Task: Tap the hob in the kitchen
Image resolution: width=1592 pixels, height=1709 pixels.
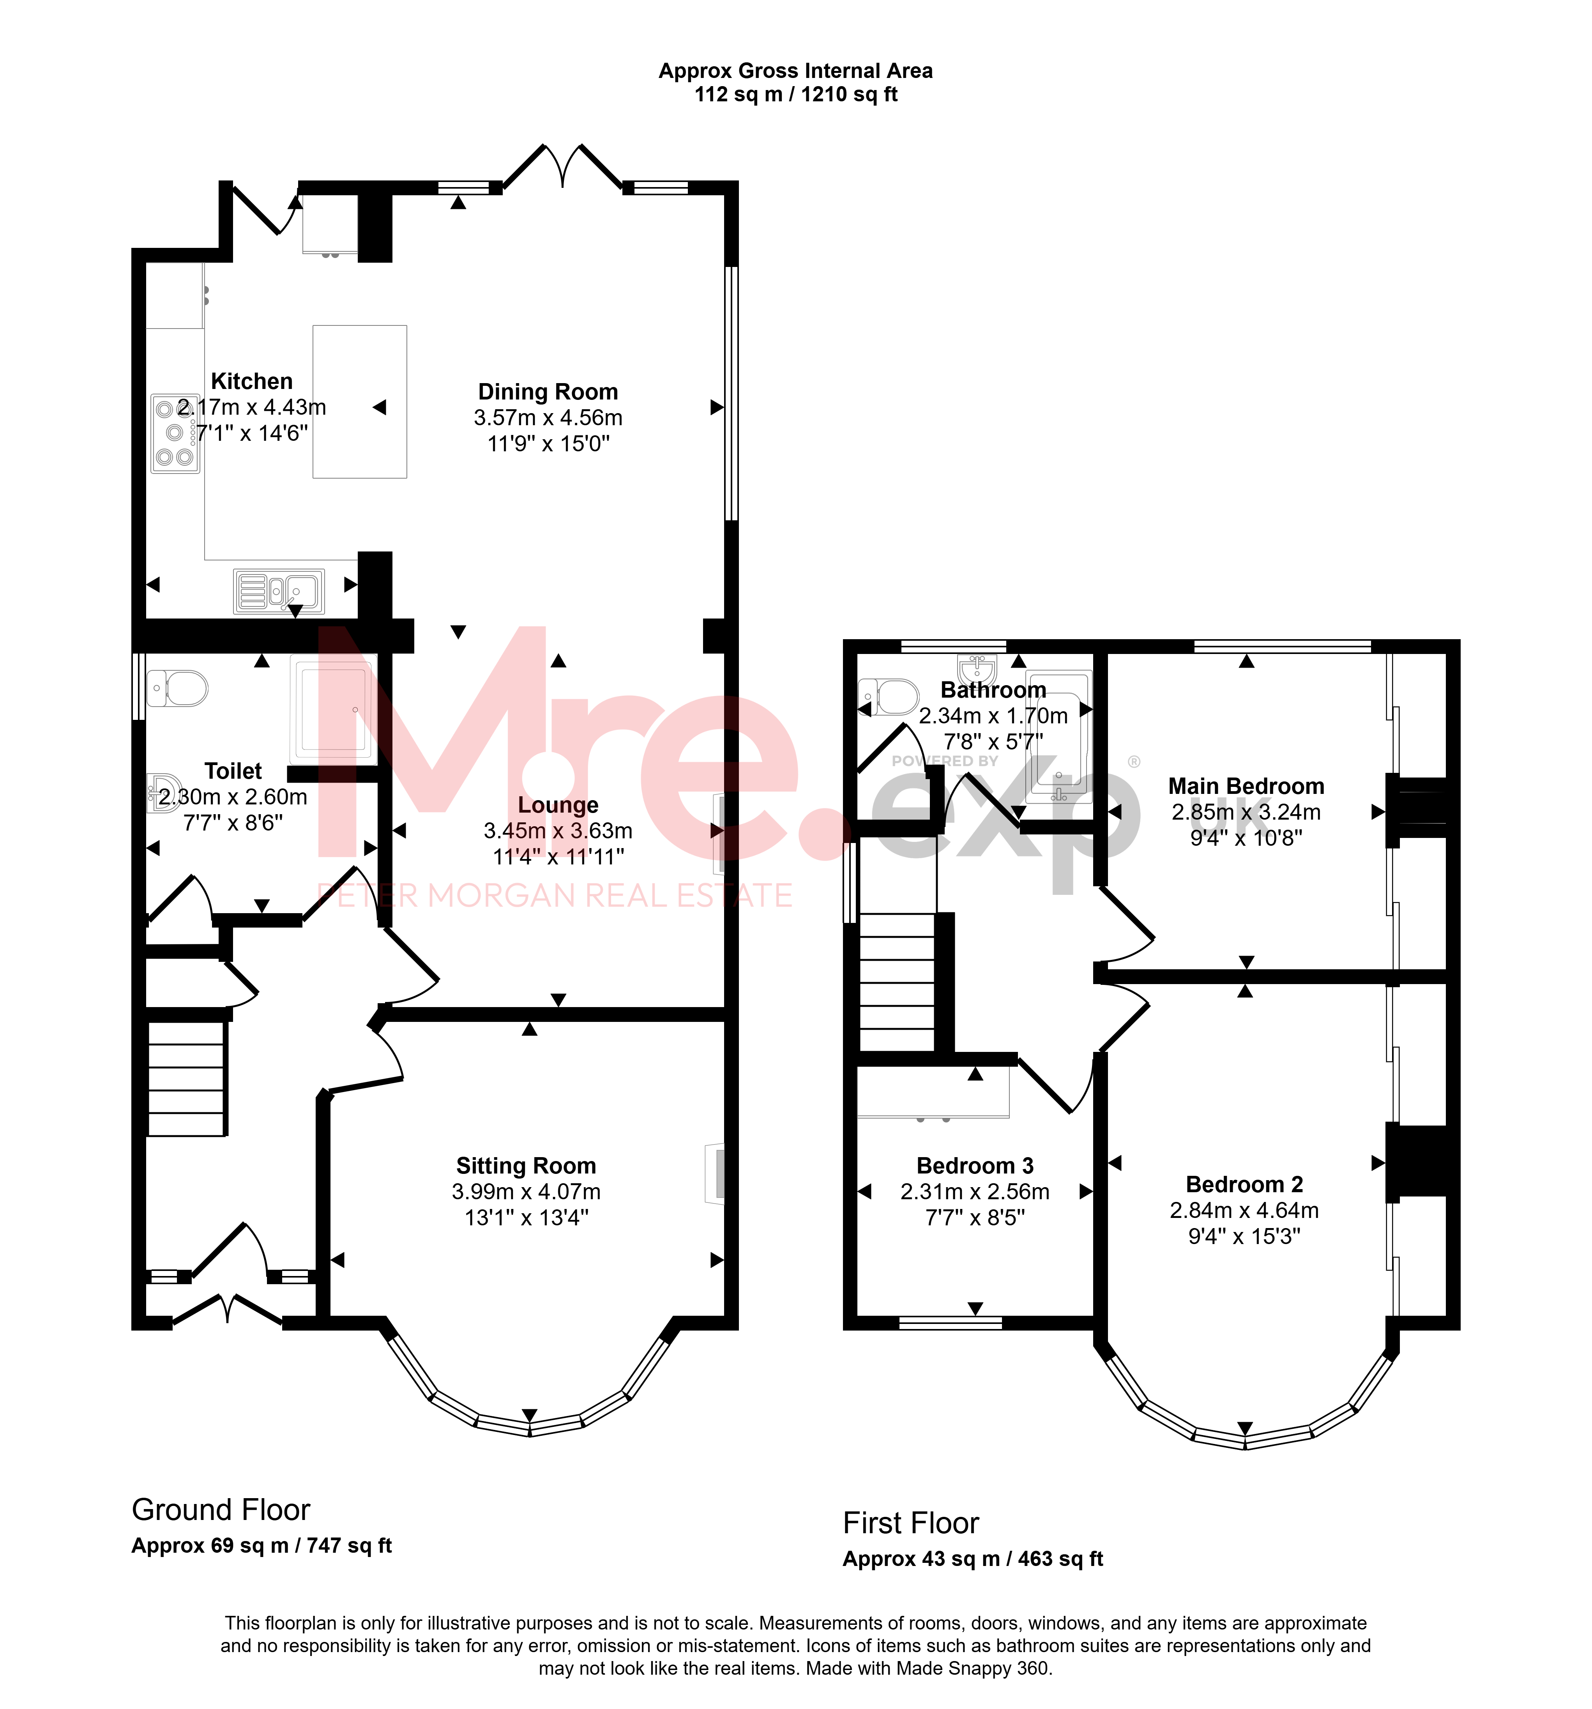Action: point(175,433)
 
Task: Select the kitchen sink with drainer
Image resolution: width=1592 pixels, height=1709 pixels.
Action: point(279,592)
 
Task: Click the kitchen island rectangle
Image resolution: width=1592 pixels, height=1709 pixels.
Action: point(359,401)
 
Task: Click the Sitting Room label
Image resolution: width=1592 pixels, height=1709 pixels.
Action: point(526,1166)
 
